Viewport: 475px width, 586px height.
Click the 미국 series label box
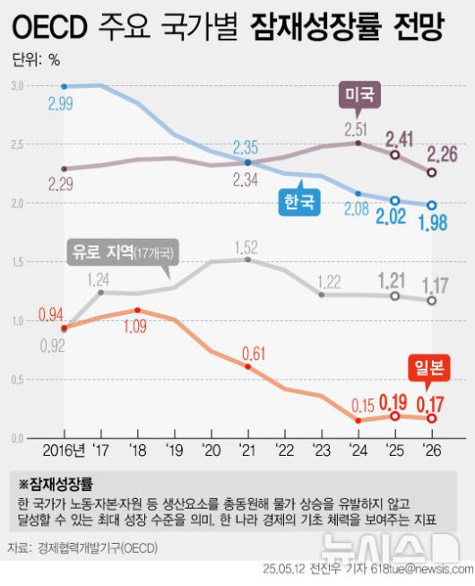361,93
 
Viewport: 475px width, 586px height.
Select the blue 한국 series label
299,202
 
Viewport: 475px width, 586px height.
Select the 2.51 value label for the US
358,127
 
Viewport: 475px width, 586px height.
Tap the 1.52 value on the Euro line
247,244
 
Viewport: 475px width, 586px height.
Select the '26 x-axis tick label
431,449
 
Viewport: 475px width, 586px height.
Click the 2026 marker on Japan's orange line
431,418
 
